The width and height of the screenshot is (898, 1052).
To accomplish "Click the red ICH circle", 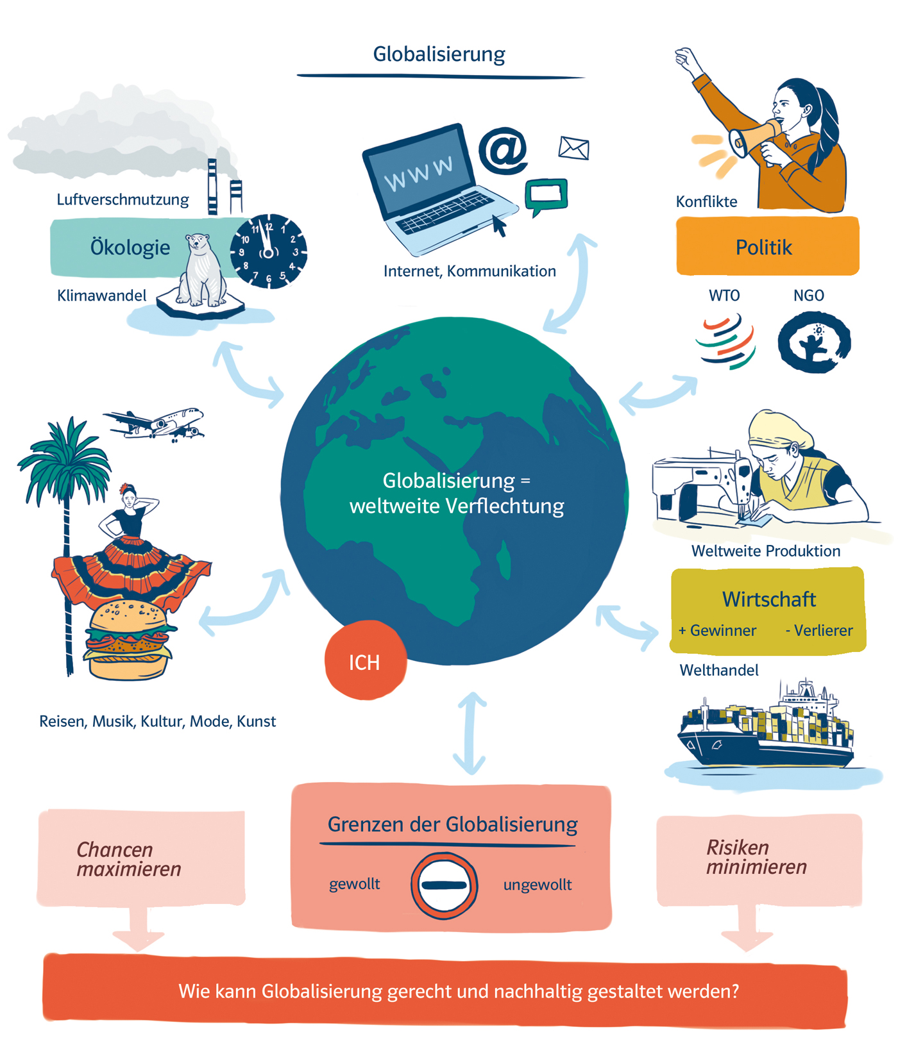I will [365, 660].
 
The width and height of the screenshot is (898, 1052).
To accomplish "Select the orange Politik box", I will [767, 247].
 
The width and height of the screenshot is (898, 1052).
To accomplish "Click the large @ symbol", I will [504, 151].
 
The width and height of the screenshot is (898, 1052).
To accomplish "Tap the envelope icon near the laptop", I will [573, 148].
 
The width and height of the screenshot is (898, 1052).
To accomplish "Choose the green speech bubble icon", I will [546, 196].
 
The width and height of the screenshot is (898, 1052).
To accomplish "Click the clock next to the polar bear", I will [269, 251].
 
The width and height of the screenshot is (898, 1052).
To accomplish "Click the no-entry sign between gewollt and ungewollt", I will [444, 885].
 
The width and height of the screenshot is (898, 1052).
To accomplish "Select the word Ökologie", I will [130, 247].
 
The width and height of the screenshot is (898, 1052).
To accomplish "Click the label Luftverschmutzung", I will [123, 199].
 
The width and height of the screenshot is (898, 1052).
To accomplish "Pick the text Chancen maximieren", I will [128, 859].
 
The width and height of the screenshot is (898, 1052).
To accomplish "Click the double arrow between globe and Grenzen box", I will [471, 733].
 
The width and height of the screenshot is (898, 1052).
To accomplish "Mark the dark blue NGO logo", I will [814, 342].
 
